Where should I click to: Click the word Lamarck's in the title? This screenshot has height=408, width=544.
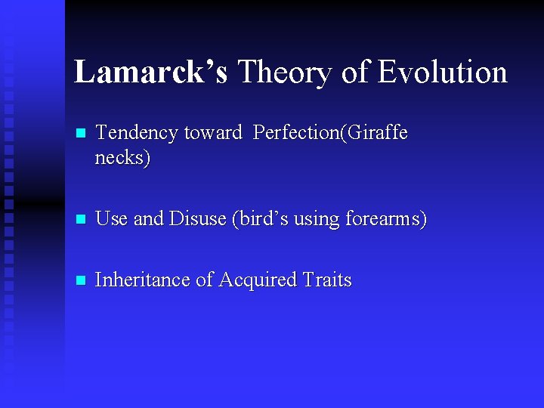[150, 73]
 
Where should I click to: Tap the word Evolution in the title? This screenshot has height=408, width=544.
[442, 73]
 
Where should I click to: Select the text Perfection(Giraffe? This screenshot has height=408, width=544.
[330, 133]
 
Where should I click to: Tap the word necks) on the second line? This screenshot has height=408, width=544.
[122, 158]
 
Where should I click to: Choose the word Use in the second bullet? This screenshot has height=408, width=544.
[112, 219]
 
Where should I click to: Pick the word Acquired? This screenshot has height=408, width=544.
[258, 280]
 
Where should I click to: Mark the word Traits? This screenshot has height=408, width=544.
[327, 280]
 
